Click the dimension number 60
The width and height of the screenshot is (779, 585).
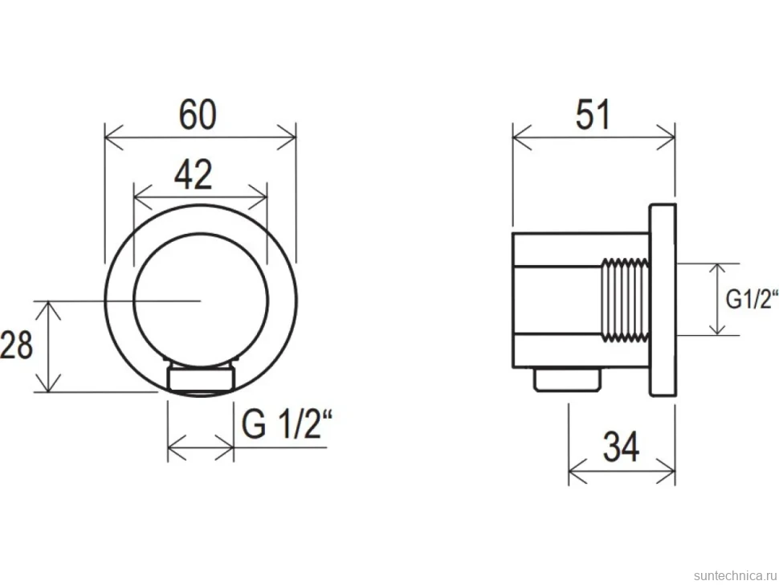pos(198,115)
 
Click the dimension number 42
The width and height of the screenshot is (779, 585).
pos(194,174)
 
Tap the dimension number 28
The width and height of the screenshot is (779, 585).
pos(16,345)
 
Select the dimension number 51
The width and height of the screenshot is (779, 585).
pos(593,115)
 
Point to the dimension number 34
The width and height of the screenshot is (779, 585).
pos(621,446)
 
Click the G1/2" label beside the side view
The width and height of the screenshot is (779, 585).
pos(752,300)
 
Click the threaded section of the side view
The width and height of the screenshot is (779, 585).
pos(626,300)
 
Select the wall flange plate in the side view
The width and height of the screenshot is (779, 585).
pos(663,300)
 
